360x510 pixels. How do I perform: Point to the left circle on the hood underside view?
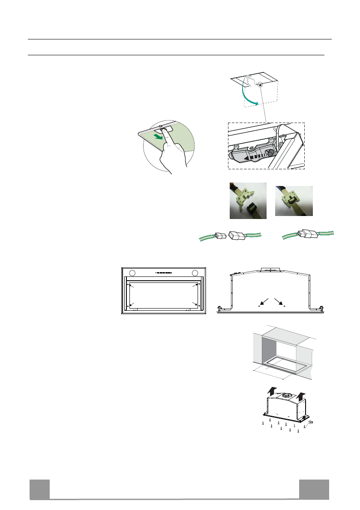(132, 273)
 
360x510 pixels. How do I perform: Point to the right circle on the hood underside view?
(195, 273)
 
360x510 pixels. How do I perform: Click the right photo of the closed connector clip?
(294, 201)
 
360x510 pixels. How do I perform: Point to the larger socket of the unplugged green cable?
(237, 236)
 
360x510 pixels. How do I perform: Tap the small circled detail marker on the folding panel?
(261, 86)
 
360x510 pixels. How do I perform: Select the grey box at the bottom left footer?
(39, 489)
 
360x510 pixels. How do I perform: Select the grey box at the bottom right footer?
(314, 489)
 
